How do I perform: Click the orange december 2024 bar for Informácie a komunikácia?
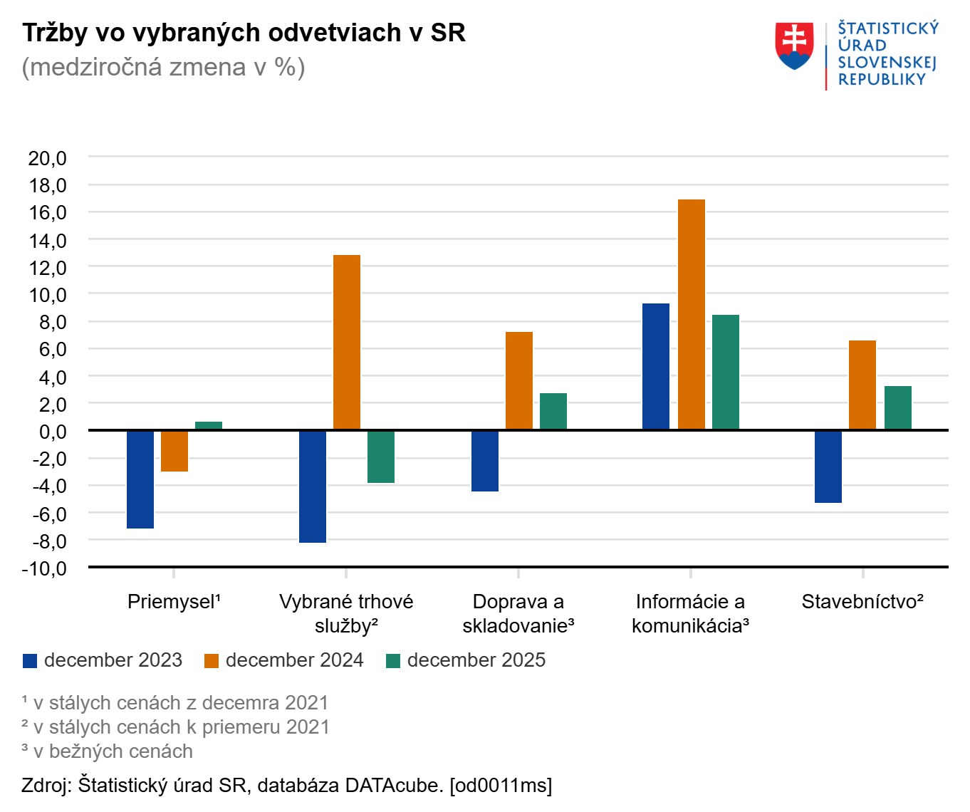[691, 314]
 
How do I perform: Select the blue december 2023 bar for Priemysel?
[140, 479]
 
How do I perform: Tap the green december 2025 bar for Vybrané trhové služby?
[381, 457]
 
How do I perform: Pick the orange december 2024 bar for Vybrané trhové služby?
[347, 342]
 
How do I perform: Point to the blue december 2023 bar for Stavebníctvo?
[828, 467]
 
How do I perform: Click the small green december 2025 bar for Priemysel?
[209, 426]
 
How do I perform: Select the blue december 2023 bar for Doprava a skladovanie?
[485, 461]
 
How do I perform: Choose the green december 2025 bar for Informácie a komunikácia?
[726, 372]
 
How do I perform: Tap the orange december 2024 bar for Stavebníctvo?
[862, 385]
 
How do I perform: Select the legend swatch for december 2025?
[392, 661]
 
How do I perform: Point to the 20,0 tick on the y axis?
[48, 158]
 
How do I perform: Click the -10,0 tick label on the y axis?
[44, 568]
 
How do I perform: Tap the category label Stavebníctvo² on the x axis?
[862, 602]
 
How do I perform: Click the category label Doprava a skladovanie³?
[518, 613]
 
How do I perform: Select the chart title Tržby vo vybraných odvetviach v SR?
[244, 33]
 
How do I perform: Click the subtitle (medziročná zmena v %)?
[163, 67]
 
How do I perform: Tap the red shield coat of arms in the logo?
[794, 46]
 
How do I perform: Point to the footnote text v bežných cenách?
[113, 751]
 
